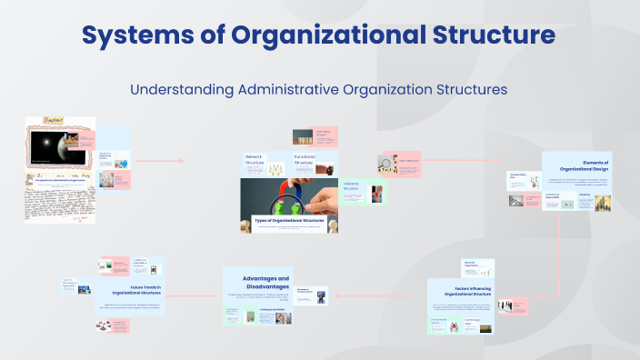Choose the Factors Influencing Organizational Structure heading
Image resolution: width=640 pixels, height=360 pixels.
[x=460, y=292]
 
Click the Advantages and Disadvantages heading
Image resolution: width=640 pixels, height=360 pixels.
[x=265, y=282]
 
